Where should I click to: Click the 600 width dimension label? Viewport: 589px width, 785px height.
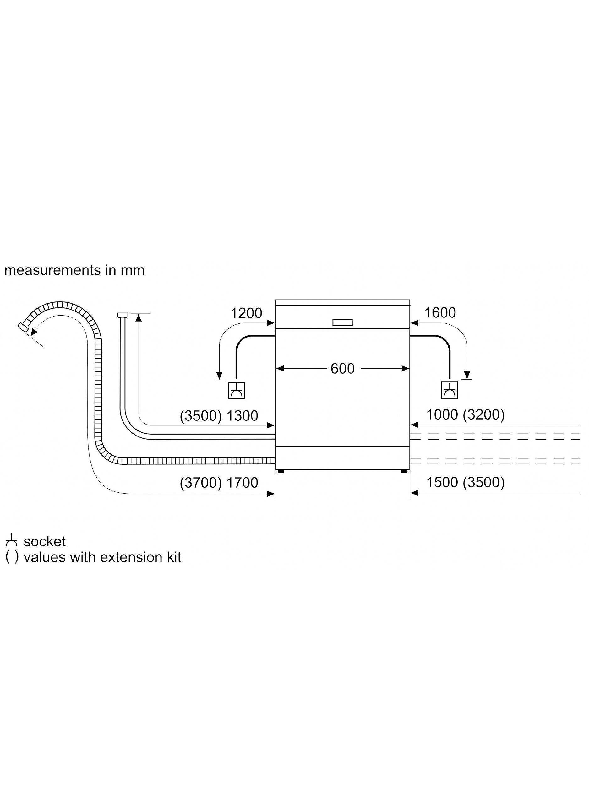[x=342, y=369]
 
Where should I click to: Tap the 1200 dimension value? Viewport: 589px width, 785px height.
[x=246, y=313]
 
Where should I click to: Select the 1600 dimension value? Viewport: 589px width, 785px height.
[x=440, y=313]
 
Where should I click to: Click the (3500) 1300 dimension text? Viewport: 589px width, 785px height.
[x=219, y=415]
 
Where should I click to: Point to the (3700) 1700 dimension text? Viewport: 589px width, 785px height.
[x=219, y=483]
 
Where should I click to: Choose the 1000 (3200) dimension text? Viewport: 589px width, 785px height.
[x=465, y=414]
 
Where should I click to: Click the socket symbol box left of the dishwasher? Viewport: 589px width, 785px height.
[x=237, y=390]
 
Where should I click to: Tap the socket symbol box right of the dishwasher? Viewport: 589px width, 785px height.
[x=449, y=390]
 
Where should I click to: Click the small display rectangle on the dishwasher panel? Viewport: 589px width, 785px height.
[x=342, y=322]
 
